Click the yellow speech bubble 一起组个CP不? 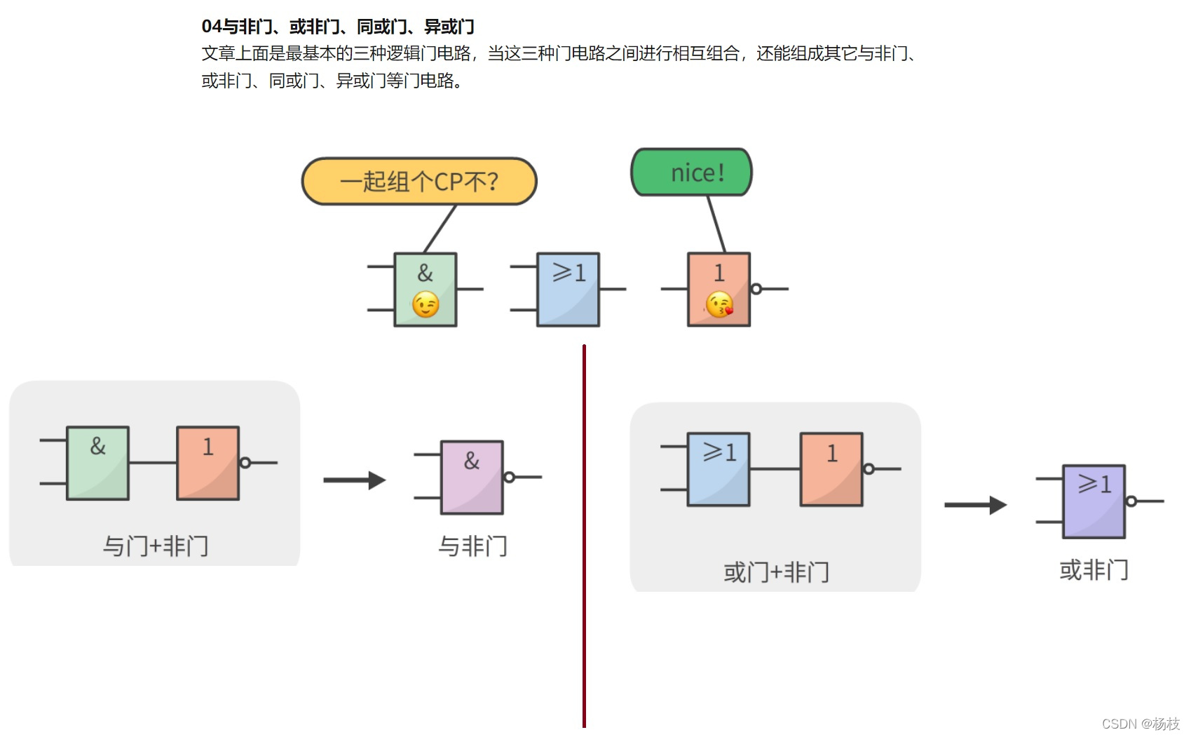419,182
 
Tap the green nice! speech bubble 692,173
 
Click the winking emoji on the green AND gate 426,305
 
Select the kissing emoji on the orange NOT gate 719,305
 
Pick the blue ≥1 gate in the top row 568,290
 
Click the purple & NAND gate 472,477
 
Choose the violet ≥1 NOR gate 1094,501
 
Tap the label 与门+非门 156,546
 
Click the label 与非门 472,546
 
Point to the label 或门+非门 776,572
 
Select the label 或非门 1094,570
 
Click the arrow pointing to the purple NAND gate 355,480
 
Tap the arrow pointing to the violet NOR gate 975,505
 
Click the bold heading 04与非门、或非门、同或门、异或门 338,27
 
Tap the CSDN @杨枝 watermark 1141,724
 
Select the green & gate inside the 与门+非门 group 98,463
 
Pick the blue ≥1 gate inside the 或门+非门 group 719,469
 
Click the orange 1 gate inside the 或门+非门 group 831,469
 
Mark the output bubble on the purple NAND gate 510,478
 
